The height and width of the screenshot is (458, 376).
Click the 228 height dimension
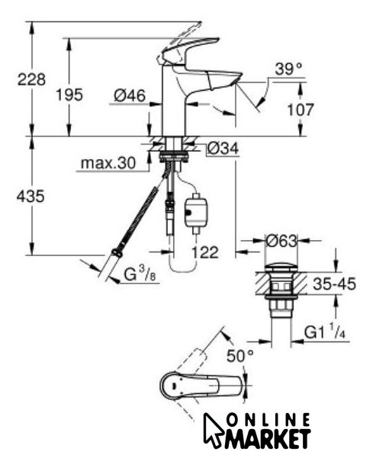(31, 79)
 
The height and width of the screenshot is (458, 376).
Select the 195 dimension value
(69, 95)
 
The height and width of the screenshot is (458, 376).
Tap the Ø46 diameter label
(130, 95)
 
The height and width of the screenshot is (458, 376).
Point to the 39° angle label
(288, 69)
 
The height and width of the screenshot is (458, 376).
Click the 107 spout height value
(300, 110)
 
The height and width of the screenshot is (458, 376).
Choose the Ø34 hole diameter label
(223, 148)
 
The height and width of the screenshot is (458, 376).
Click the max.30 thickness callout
(108, 163)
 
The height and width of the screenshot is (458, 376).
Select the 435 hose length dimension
(31, 196)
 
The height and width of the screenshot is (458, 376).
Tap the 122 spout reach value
(205, 252)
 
